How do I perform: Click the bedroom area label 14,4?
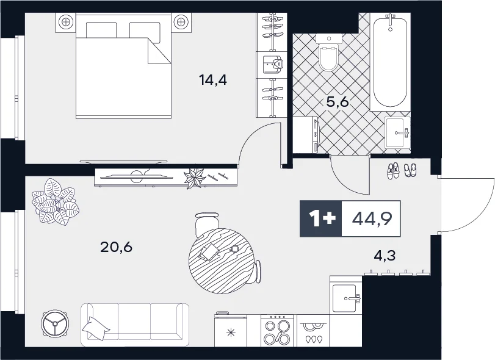tap(213, 79)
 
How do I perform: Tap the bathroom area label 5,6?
tap(337, 103)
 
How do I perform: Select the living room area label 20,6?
tap(116, 247)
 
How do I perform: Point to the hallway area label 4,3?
tap(385, 256)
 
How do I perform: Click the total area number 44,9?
tap(372, 218)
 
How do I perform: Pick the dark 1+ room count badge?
tap(320, 218)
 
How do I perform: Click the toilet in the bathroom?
tap(328, 52)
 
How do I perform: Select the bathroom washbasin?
tap(397, 133)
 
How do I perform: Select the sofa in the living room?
tap(135, 325)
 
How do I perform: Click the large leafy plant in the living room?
tap(55, 202)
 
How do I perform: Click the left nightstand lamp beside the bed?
tap(65, 22)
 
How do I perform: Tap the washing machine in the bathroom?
tap(306, 135)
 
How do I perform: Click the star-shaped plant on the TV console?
tap(195, 179)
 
